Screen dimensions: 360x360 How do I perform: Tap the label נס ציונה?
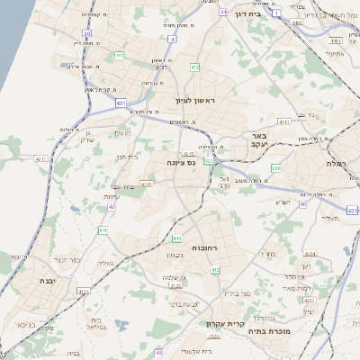(x=182, y=162)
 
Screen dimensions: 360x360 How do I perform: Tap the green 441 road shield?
(x=119, y=55)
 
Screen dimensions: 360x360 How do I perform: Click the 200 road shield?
(x=276, y=167)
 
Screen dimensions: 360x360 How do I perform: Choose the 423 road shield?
(x=83, y=292)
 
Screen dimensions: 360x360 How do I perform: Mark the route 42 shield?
(x=112, y=206)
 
